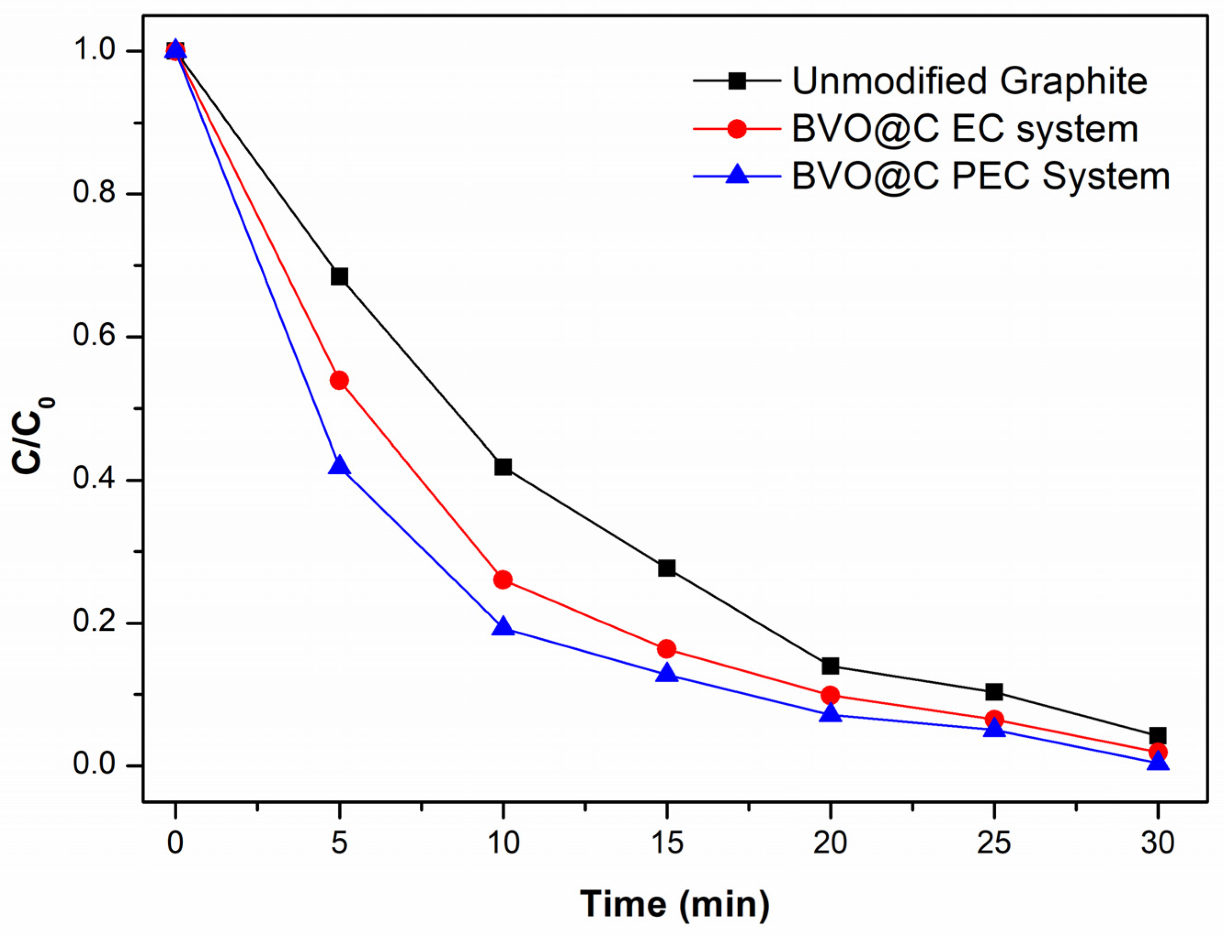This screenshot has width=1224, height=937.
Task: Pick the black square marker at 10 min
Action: click(502, 467)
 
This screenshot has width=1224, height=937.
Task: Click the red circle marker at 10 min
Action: click(502, 580)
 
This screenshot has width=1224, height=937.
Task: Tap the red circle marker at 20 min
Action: click(830, 696)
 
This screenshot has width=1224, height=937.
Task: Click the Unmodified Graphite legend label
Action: click(970, 81)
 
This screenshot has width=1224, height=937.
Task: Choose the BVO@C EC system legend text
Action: click(965, 129)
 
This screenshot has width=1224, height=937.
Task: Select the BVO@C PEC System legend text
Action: click(981, 177)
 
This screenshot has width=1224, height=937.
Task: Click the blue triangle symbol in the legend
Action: click(738, 174)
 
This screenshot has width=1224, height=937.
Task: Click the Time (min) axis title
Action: click(675, 903)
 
